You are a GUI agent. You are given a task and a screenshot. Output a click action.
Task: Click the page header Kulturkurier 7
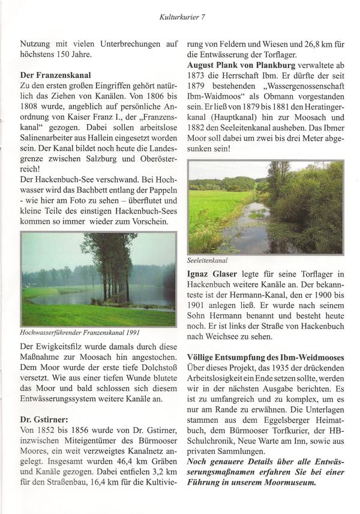180,16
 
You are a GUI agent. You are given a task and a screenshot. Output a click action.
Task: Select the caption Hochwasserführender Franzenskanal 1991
83,332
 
